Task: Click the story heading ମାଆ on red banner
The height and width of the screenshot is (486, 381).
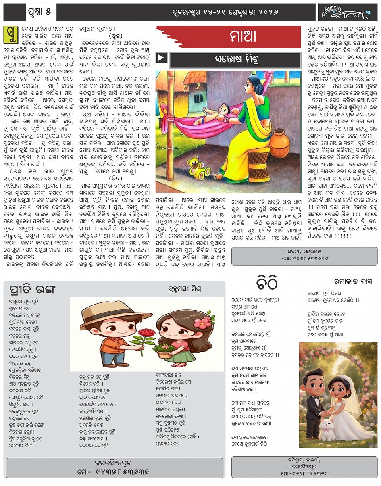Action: click(243, 37)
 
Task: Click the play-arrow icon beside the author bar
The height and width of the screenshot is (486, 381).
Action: click(161, 58)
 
